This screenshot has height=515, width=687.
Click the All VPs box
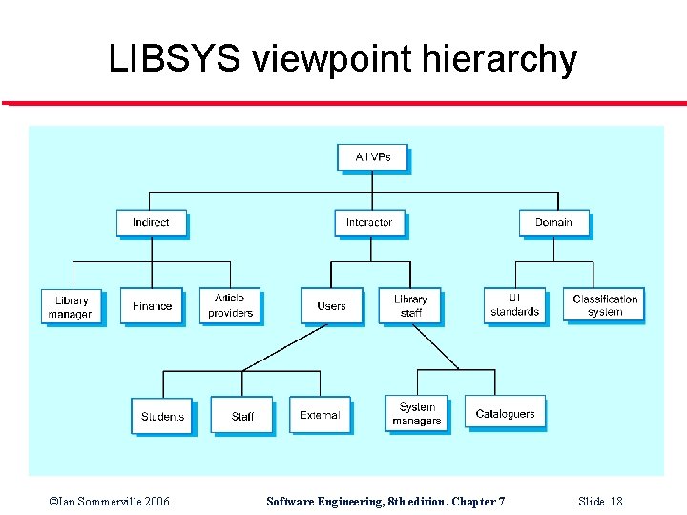point(372,157)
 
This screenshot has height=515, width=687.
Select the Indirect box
point(151,223)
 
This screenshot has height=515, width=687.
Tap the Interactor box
point(369,223)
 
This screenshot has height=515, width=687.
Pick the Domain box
point(553,223)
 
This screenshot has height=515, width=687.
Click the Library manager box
point(71,306)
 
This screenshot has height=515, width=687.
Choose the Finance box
point(152,306)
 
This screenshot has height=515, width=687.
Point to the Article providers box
point(230,306)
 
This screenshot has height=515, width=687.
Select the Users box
point(331,306)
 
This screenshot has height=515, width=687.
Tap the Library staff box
point(410,306)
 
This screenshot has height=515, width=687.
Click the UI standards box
point(515,305)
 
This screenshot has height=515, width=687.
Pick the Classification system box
point(604,305)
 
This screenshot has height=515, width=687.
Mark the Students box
point(162,416)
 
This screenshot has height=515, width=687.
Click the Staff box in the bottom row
point(242,416)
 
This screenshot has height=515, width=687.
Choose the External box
point(320,415)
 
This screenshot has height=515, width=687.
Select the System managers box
point(416,414)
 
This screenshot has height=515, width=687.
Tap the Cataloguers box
point(506,413)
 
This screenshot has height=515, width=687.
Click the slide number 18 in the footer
point(615,501)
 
